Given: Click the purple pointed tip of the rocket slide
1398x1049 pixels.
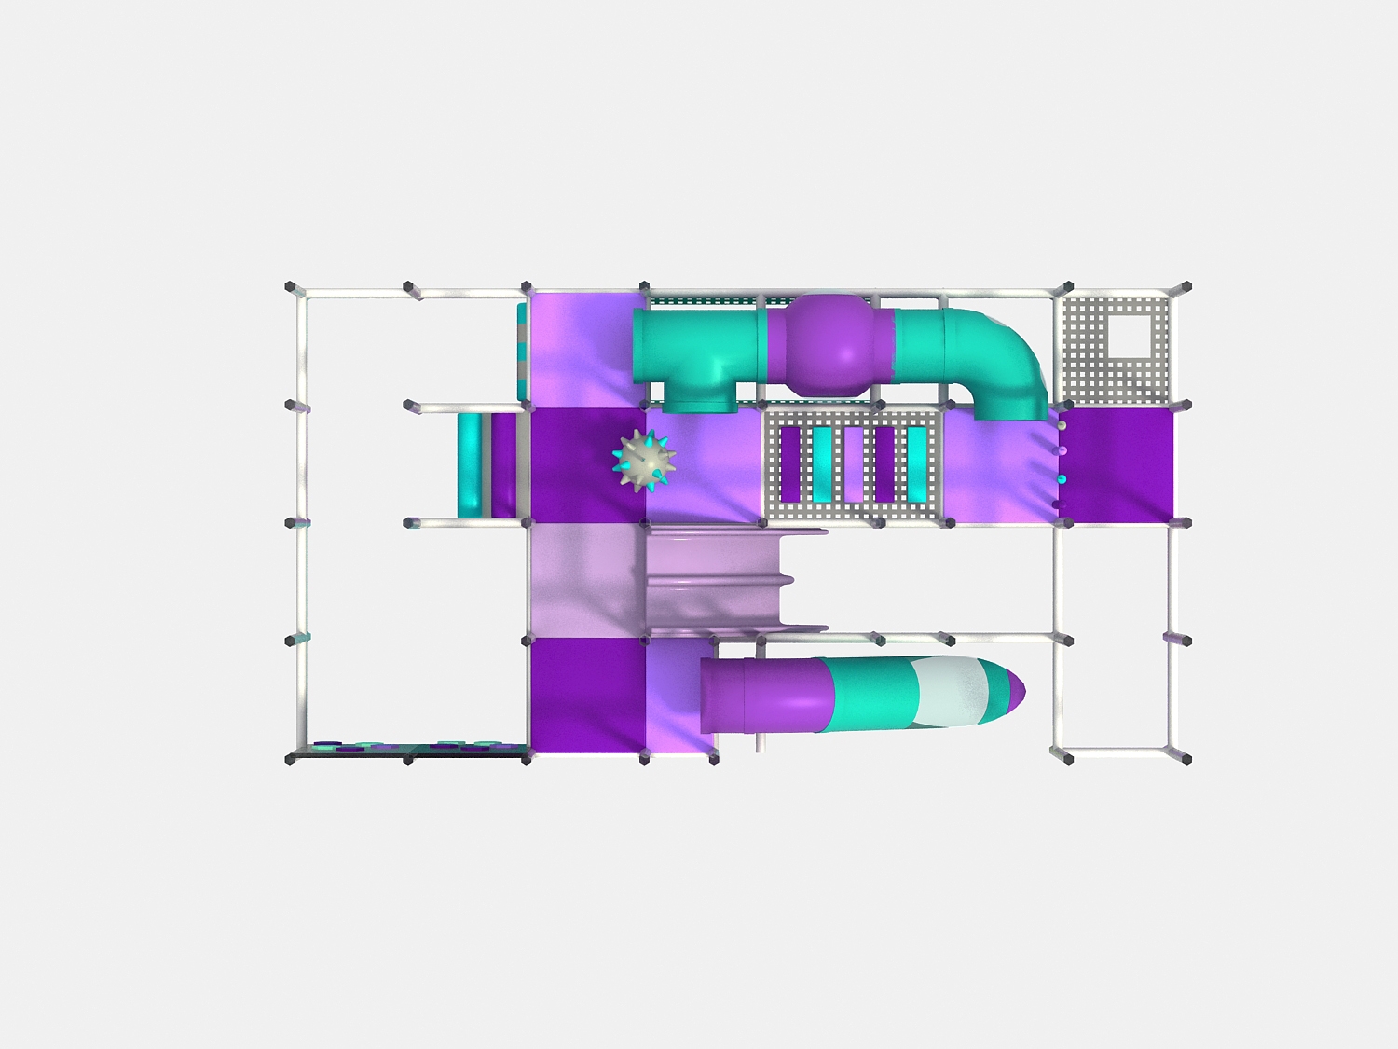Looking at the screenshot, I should tap(1017, 691).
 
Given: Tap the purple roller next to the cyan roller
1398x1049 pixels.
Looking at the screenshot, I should tap(503, 464).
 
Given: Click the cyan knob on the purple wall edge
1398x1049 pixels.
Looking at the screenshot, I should tap(1061, 479).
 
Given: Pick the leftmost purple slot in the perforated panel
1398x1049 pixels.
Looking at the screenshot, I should tap(790, 463).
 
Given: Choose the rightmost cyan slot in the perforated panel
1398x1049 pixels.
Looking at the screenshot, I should tap(917, 463).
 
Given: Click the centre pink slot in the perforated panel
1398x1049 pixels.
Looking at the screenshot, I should tap(853, 463).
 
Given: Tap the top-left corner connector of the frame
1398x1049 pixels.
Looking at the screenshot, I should tap(291, 287).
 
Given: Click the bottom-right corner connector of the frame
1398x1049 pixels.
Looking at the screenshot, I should tap(1186, 759).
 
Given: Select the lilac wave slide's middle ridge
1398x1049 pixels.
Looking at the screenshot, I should tap(718, 579).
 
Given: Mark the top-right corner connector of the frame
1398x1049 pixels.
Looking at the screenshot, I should tap(1186, 287).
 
